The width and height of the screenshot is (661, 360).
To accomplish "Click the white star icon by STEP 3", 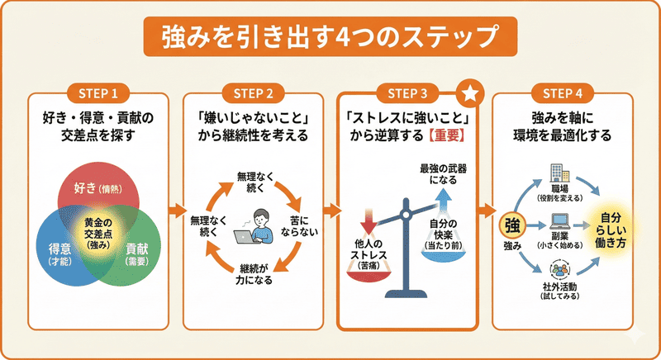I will click(x=468, y=93).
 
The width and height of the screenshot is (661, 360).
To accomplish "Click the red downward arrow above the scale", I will click(x=369, y=221).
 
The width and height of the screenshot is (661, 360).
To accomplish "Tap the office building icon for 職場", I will click(x=558, y=174).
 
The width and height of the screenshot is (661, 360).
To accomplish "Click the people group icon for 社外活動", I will click(x=559, y=269).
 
